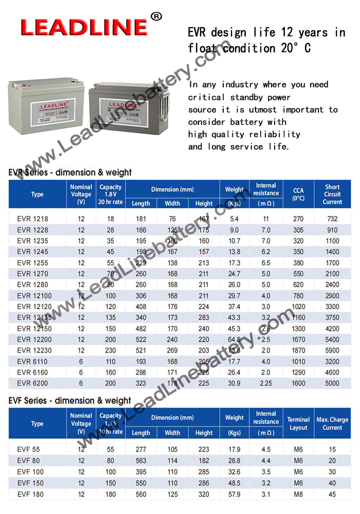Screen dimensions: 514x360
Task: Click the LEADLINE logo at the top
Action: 84,26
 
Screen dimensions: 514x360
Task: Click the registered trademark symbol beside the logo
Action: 156,16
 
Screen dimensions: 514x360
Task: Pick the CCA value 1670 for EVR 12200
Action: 298,339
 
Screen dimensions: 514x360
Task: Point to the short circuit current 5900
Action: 332,351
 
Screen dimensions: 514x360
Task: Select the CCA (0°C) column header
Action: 298,194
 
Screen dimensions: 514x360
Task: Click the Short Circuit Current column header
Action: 332,194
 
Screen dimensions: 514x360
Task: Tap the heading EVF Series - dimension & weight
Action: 70,400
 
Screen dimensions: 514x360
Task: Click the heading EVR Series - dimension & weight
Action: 70,172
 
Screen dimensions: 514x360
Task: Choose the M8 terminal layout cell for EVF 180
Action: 298,494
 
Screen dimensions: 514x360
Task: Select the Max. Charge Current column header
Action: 332,424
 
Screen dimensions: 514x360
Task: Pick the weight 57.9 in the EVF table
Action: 235,494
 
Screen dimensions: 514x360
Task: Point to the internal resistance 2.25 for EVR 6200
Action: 266,383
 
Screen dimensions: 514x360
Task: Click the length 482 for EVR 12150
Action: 141,328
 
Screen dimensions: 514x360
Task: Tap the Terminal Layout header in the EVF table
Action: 298,424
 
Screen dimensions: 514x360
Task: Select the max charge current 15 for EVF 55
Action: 332,449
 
